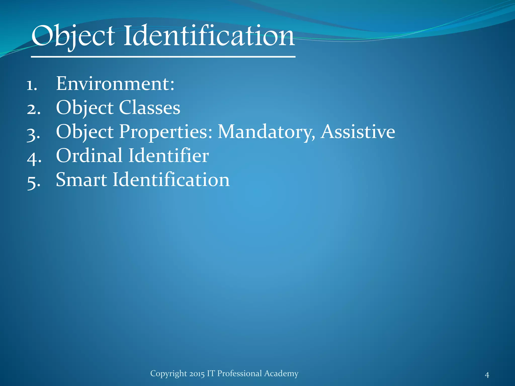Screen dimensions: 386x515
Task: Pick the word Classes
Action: tap(149, 108)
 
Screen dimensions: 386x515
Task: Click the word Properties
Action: tap(166, 132)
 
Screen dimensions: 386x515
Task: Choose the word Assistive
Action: tap(358, 132)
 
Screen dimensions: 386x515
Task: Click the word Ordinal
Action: tap(89, 156)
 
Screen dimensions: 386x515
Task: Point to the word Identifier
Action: tap(168, 156)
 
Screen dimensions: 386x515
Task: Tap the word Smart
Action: tap(81, 180)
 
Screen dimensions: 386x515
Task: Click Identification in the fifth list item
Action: tap(171, 180)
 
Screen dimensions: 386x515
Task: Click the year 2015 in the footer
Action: tap(197, 374)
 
